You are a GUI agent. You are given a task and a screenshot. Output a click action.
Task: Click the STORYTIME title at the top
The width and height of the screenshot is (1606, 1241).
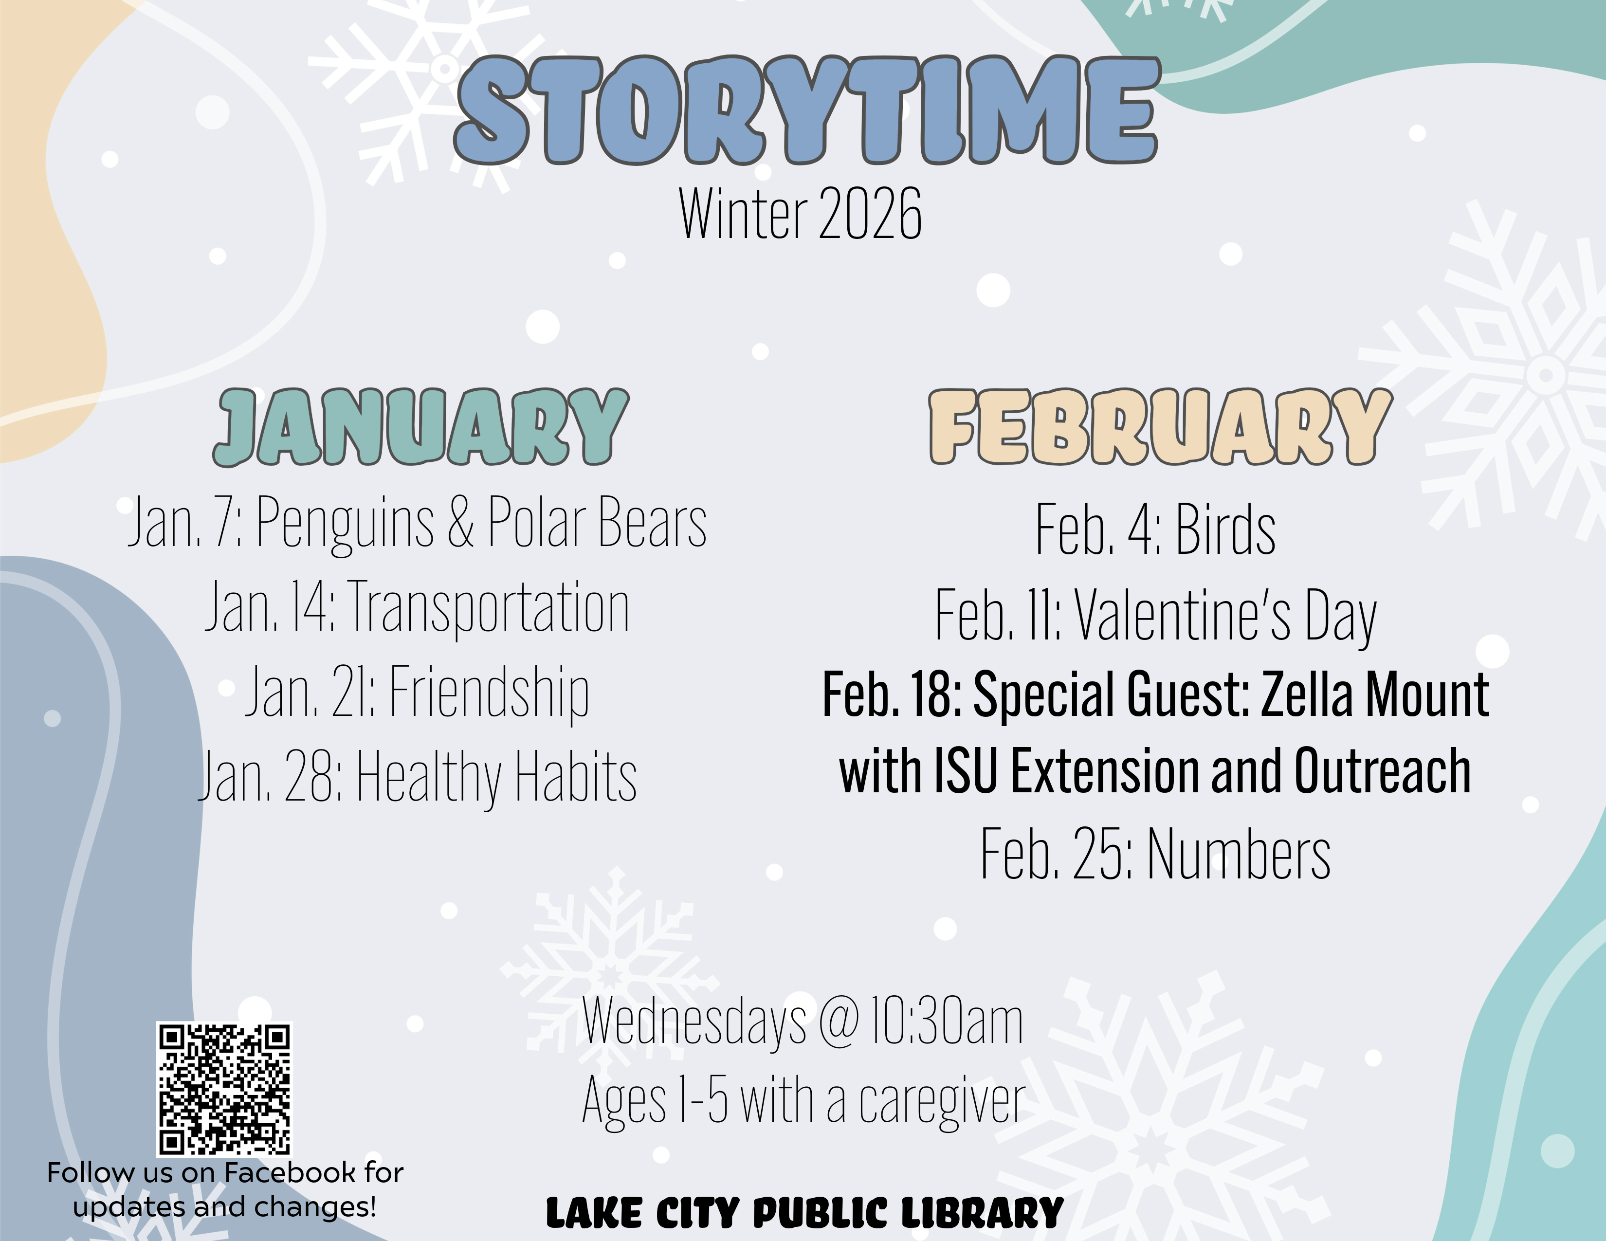click(x=806, y=110)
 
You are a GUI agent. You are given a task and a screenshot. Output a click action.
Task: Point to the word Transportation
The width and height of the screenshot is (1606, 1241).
click(x=488, y=607)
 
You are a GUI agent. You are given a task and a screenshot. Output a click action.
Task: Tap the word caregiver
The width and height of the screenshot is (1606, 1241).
click(x=942, y=1102)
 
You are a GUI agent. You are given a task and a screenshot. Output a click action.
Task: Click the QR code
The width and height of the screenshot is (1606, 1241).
click(x=224, y=1089)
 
